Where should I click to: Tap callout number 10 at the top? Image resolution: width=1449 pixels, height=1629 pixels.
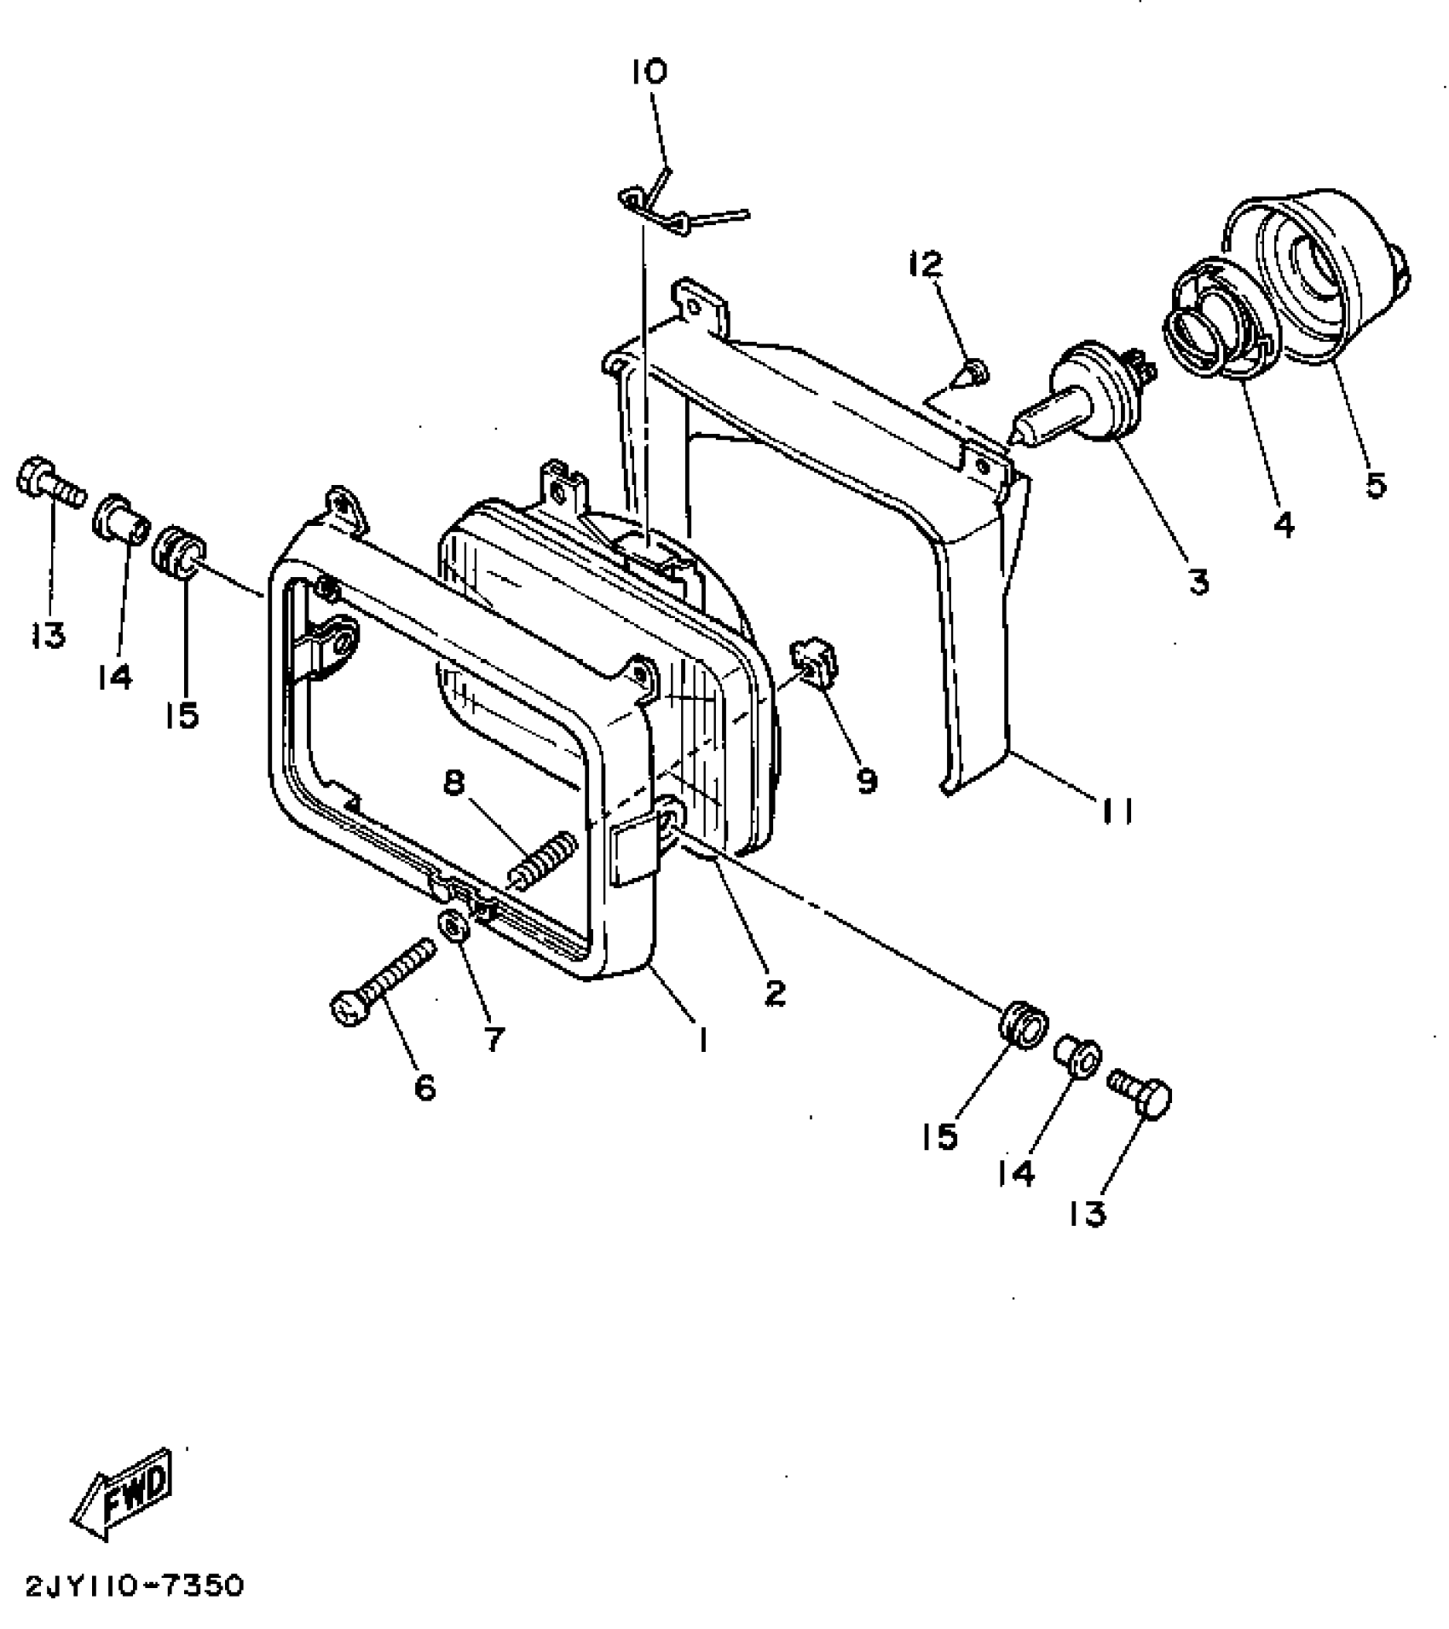(649, 72)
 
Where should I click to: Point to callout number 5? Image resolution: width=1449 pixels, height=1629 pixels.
(1375, 484)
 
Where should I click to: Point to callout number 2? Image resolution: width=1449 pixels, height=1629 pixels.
(774, 991)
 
